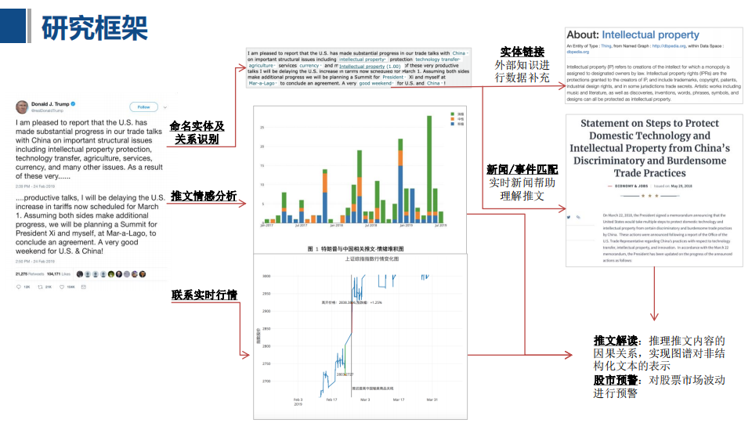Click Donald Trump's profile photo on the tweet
click(x=22, y=107)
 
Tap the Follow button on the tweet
click(x=143, y=107)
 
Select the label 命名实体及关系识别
click(x=197, y=132)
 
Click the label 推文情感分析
click(x=204, y=196)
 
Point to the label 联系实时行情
click(x=204, y=295)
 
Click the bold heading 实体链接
click(x=522, y=52)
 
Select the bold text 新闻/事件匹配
click(x=522, y=169)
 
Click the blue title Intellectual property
click(x=650, y=35)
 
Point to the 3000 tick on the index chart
click(x=266, y=277)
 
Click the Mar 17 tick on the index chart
click(x=398, y=399)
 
